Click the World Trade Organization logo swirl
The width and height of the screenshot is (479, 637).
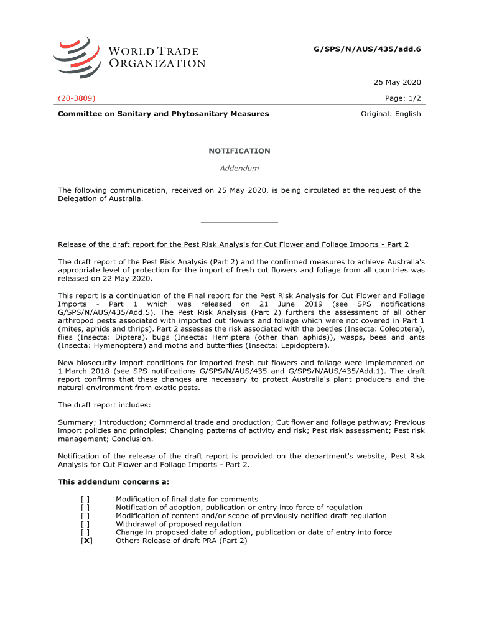point(76,57)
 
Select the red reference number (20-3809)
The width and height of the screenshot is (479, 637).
point(77,98)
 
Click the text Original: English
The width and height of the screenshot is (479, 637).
point(391,114)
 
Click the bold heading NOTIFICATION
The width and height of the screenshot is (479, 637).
point(240,151)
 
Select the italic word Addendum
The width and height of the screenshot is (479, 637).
point(240,168)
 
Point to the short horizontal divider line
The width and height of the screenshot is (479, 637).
point(240,222)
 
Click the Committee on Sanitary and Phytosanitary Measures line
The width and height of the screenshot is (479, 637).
point(164,114)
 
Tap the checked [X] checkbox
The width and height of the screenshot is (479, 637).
point(86,541)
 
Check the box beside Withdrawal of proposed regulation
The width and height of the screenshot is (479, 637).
point(85,524)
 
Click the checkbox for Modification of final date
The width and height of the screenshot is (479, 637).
point(85,499)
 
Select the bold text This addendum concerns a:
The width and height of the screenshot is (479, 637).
point(113,481)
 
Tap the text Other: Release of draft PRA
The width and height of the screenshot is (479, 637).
point(181,541)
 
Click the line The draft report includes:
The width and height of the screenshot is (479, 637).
point(105,405)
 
